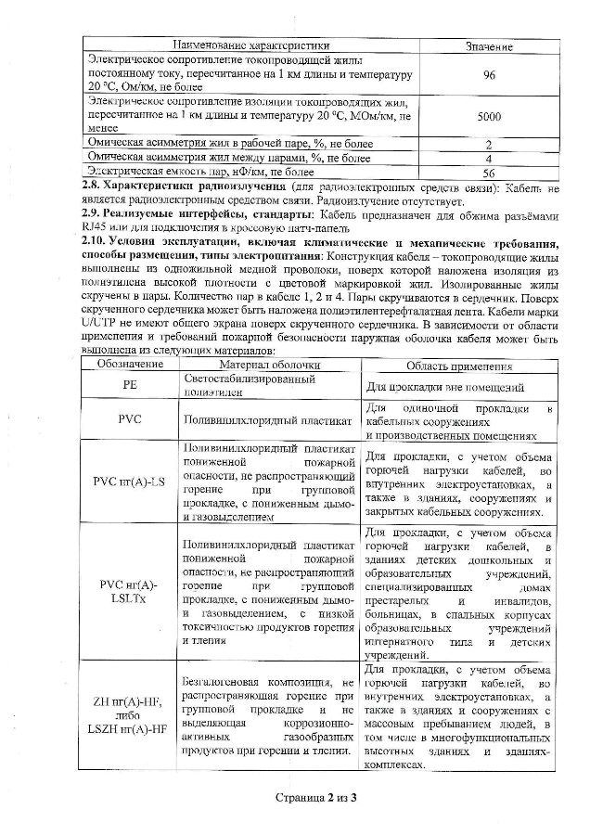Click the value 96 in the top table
point(489,75)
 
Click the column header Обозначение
point(129,366)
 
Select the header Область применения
point(457,366)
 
